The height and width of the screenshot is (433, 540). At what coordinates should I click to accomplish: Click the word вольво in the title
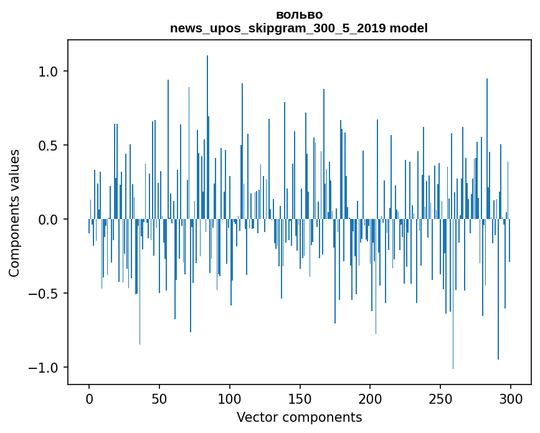pyautogui.click(x=299, y=15)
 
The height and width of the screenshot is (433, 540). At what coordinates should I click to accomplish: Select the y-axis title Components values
pyautogui.click(x=15, y=213)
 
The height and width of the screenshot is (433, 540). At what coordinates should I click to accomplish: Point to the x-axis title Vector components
pyautogui.click(x=299, y=417)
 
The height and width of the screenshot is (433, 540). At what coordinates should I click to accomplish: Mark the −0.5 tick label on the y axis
pyautogui.click(x=45, y=294)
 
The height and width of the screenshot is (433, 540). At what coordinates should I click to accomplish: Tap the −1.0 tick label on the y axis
pyautogui.click(x=45, y=368)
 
